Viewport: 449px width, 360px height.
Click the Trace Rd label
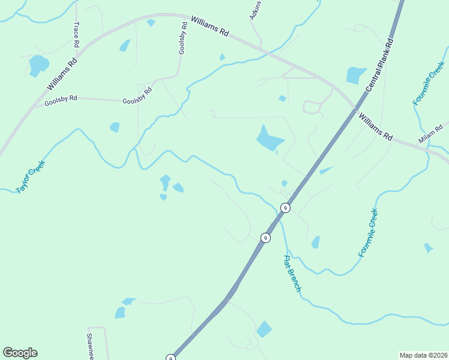point(76,35)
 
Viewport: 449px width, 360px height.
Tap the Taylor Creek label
point(30,176)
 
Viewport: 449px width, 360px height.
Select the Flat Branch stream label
point(292,274)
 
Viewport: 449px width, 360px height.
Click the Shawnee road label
point(91,346)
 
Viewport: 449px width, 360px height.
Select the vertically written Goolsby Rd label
point(182,39)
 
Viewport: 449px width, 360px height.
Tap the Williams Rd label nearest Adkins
point(210,28)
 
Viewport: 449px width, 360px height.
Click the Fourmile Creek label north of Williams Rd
point(428,83)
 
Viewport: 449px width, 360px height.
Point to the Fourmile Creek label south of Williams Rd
point(369,233)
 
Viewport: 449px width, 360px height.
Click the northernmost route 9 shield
point(286,208)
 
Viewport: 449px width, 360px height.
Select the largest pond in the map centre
point(270,139)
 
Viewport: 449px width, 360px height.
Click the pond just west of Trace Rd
point(38,64)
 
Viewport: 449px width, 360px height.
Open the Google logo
point(20,353)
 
